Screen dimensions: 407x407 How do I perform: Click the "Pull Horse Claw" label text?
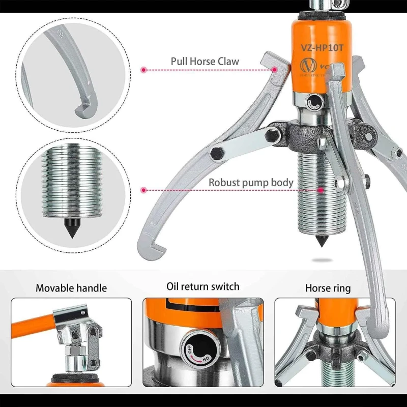[x=205, y=62]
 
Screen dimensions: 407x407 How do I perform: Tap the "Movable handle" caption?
[x=71, y=288]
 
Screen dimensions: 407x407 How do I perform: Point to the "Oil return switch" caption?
[x=203, y=287]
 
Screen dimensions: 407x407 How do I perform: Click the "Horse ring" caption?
[x=328, y=288]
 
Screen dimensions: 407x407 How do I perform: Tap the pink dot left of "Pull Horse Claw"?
[x=144, y=69]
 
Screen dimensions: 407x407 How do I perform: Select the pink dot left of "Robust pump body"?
[x=144, y=190]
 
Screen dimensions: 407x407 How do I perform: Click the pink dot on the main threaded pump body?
[x=321, y=190]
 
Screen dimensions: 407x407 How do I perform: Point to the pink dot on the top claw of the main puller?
[x=275, y=69]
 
